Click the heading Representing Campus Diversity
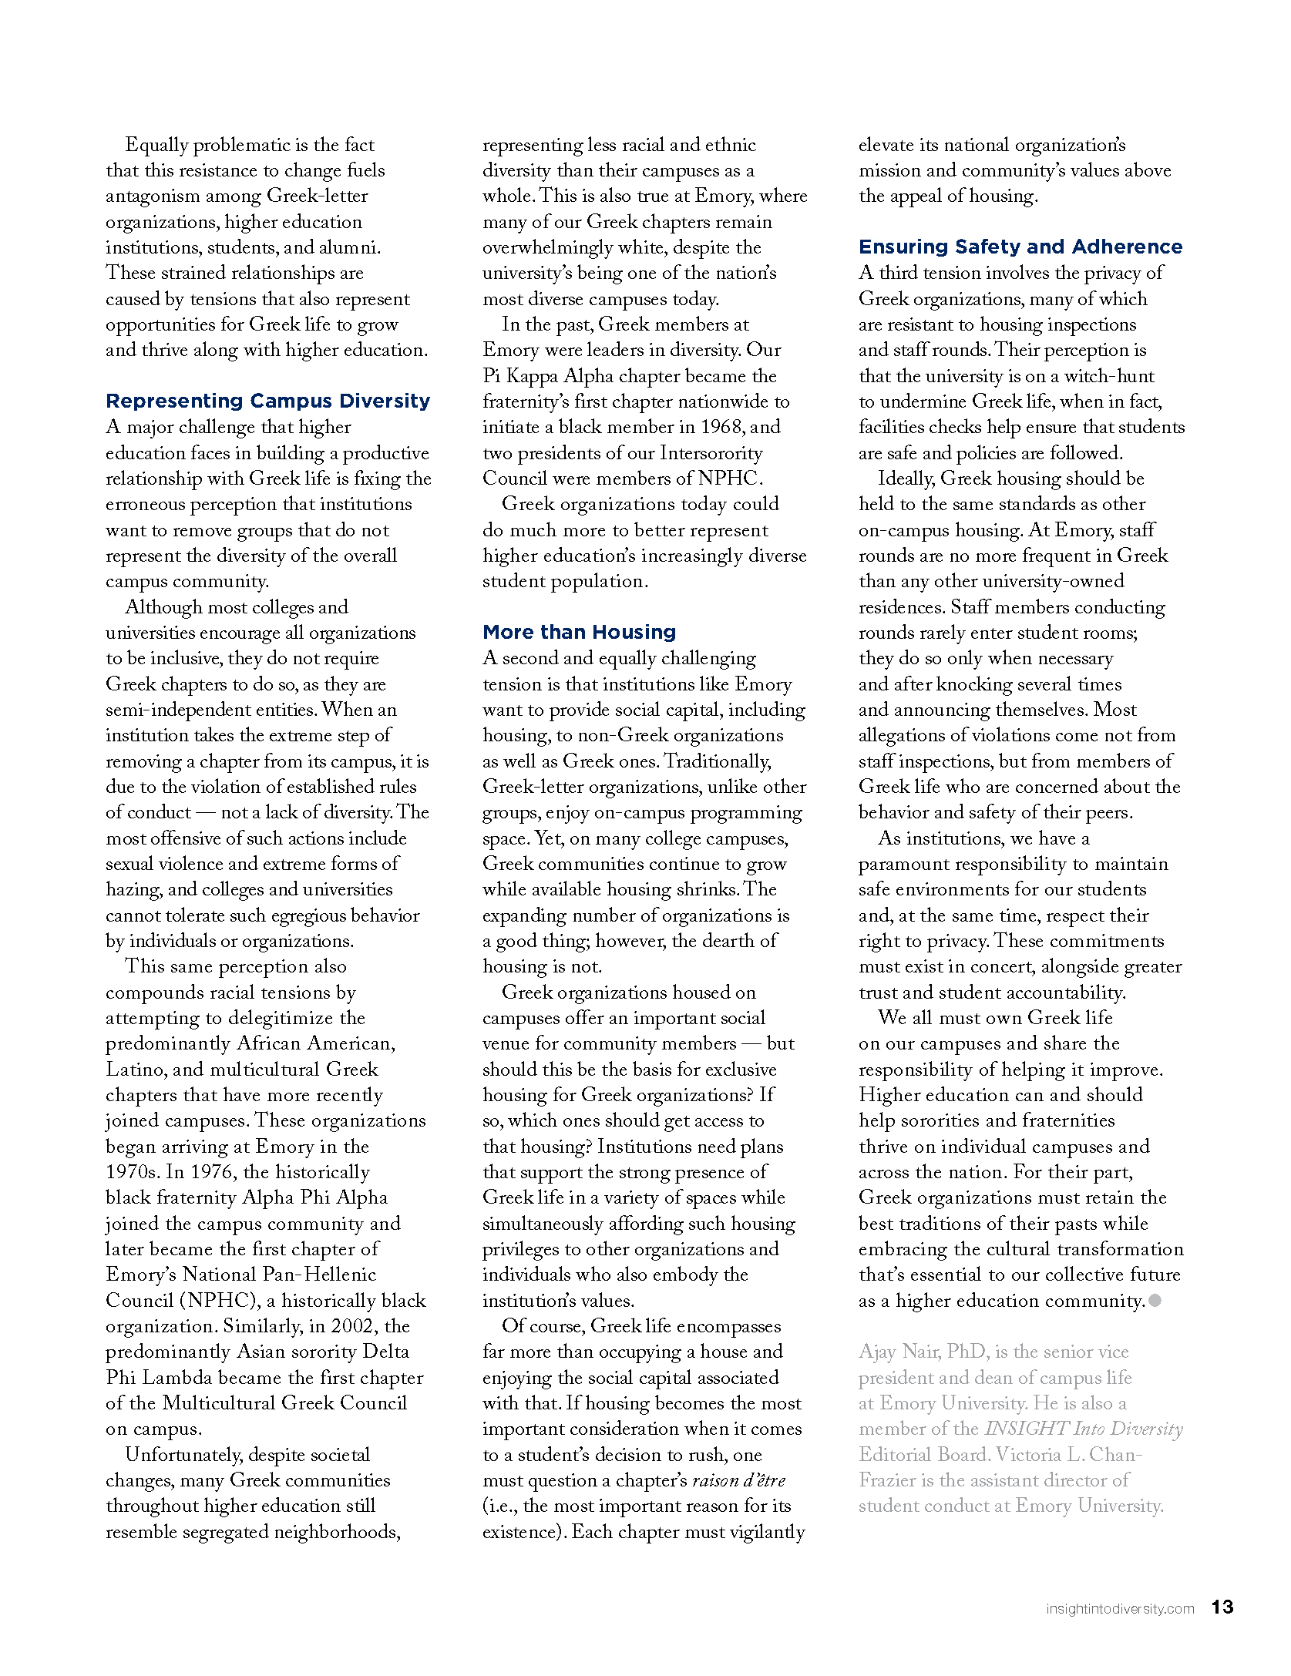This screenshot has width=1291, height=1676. tap(267, 401)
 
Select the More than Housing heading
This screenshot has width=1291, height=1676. tap(579, 632)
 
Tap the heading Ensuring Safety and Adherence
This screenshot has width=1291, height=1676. tap(1020, 247)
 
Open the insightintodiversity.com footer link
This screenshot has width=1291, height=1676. tap(1119, 1609)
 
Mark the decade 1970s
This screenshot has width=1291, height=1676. tap(132, 1172)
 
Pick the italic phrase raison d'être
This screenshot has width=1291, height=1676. tap(738, 1480)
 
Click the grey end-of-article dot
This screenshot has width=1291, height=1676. tap(1155, 1301)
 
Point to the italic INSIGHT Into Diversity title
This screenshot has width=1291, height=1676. tap(1083, 1429)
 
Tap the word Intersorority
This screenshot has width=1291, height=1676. tap(711, 453)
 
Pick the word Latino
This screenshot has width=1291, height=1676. tap(135, 1070)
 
